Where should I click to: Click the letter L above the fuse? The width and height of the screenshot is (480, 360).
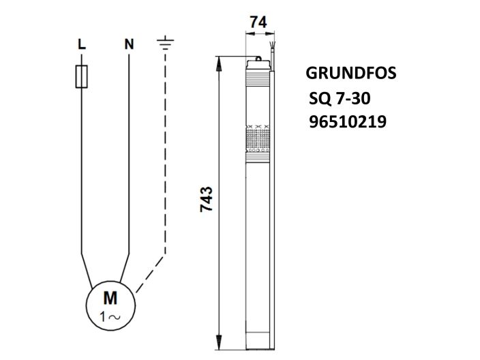coord(81,45)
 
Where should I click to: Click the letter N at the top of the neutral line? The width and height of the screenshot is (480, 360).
coord(128,45)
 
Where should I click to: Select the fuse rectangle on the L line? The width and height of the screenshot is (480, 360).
coord(81,76)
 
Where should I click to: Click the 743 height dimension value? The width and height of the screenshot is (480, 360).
coord(207,200)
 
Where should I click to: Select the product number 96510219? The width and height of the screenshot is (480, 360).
coord(348,123)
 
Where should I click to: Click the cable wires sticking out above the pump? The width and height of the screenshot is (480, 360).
coord(273,52)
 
